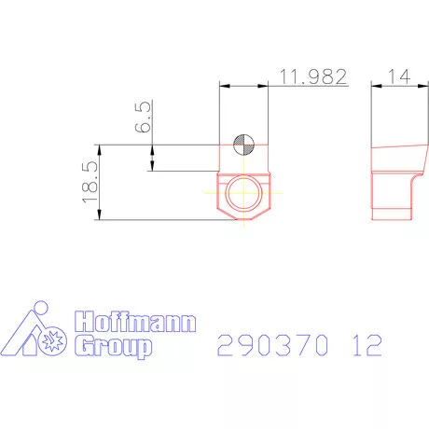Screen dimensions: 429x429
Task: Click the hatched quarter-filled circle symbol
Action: [x=242, y=144]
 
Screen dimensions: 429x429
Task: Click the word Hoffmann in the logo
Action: [x=136, y=324]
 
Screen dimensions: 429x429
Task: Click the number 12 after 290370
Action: [x=367, y=346]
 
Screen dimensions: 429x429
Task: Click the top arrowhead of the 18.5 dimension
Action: [x=99, y=147]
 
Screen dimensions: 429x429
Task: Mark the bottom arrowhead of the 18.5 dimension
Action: [x=99, y=217]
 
